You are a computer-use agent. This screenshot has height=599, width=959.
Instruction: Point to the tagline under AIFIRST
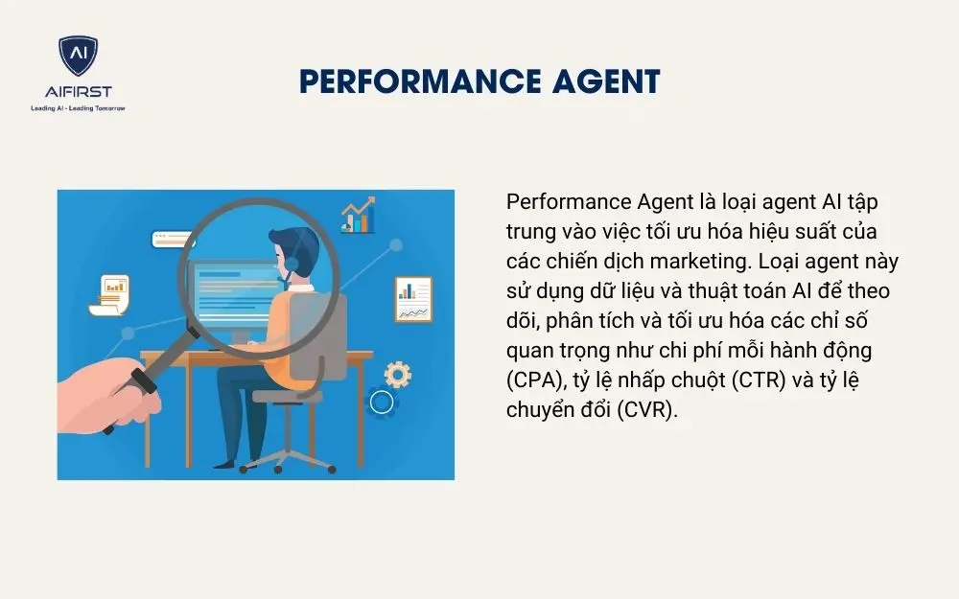point(78,107)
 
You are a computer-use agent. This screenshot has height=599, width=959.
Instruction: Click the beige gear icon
point(397,374)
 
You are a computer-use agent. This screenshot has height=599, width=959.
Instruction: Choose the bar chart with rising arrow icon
point(358,217)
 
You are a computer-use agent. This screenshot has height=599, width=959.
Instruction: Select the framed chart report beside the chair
point(413,299)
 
